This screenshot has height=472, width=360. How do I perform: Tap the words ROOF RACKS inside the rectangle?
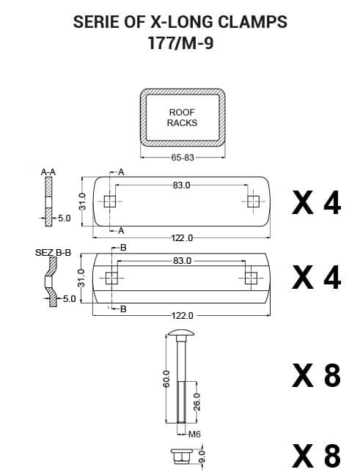coord(182,117)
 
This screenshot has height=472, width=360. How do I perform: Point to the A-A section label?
coord(48,172)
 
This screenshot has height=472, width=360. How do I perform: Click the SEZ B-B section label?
coord(53,253)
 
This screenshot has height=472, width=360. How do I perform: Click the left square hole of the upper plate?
coord(109,202)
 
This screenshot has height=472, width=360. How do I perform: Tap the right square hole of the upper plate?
coord(254,202)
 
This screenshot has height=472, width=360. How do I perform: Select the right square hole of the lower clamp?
coord(251,277)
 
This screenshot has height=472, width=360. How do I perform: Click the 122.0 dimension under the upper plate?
coord(182,238)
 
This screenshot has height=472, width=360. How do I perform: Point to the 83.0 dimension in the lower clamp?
coord(182,261)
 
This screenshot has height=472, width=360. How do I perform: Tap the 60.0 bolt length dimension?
coord(166,379)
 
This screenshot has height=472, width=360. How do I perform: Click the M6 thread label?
coord(194,435)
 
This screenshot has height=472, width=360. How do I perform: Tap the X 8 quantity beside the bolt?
coord(316,375)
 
